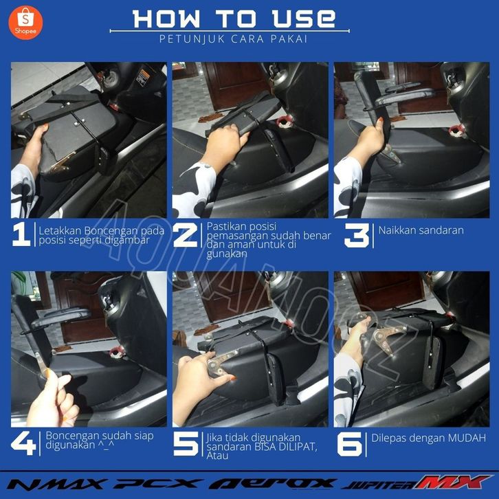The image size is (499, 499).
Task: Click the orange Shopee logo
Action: click(25, 23)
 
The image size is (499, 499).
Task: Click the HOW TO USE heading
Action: click(234, 19)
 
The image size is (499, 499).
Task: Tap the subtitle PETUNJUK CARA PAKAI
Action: click(234, 38)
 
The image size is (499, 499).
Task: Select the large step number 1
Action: click(21, 234)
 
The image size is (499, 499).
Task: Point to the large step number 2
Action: click(185, 235)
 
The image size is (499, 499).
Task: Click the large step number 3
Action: click(357, 235)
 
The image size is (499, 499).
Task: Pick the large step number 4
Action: click(23, 443)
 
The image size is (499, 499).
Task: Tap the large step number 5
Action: click(186, 443)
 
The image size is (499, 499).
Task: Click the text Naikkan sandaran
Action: click(421, 230)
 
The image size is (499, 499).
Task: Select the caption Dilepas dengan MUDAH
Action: click(428, 438)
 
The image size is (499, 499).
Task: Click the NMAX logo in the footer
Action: click(56, 484)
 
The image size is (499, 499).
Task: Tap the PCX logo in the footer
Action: click(158, 484)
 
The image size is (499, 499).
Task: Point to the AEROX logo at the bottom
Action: click(273, 484)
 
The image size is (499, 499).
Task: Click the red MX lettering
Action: click(452, 482)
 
